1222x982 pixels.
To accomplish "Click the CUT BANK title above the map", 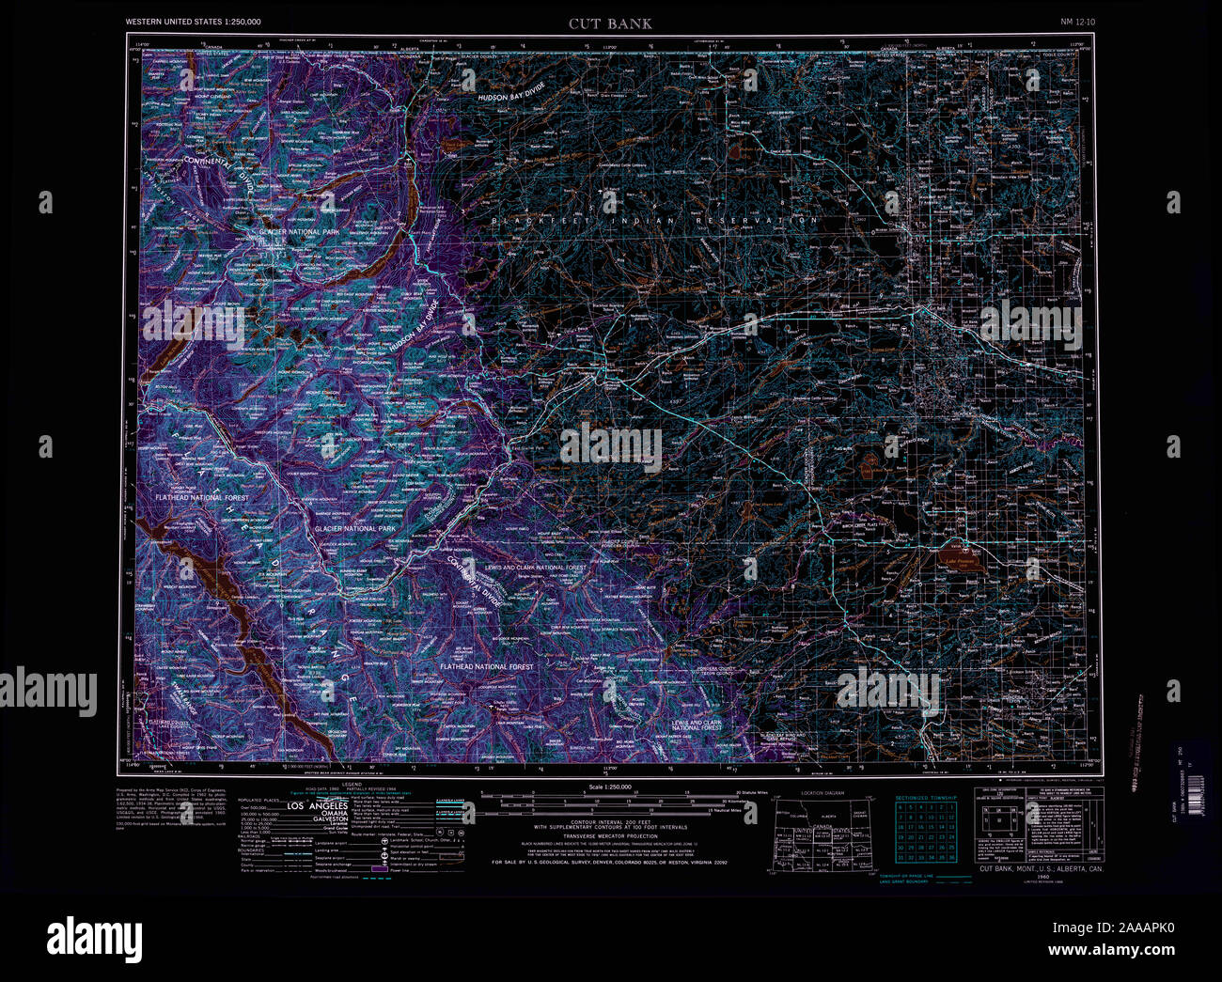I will (609, 23).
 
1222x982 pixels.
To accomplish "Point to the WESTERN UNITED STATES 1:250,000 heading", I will (194, 21).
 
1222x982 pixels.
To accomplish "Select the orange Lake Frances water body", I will (960, 558).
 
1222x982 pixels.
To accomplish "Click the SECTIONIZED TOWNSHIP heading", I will (926, 797).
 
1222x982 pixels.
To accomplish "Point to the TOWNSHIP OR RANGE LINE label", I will (907, 876).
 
